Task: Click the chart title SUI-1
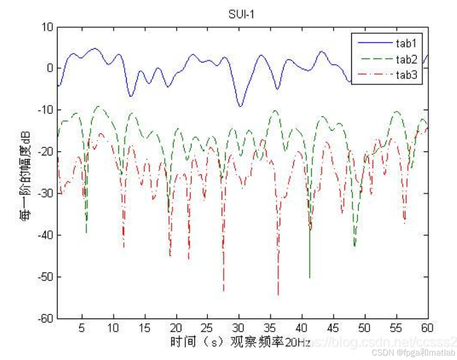coord(242,15)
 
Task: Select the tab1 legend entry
coord(406,43)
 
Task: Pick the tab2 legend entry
coord(406,59)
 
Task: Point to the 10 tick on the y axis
coord(47,27)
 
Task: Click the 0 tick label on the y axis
coord(50,68)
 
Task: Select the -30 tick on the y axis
coord(46,193)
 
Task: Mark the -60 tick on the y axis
coord(46,319)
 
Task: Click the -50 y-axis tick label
coord(46,277)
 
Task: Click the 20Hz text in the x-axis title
coord(298,343)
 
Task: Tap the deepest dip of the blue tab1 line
coord(240,106)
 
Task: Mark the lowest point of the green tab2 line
coord(309,277)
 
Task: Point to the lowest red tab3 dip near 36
coord(278,295)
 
